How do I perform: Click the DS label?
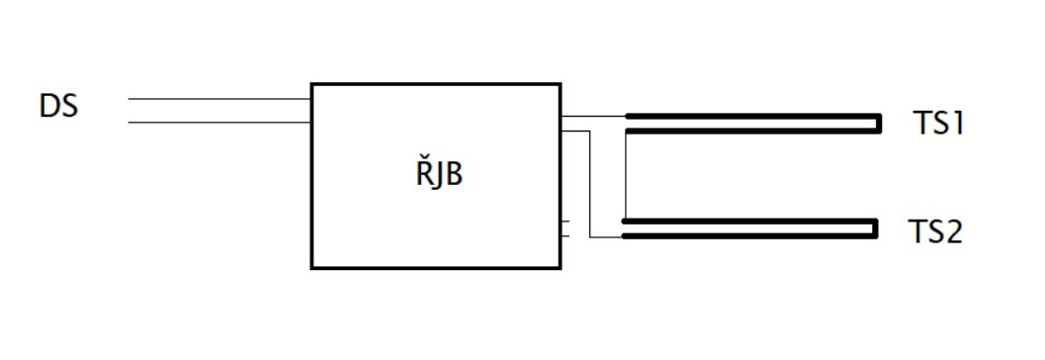[58, 107]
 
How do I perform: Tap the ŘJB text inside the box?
[439, 173]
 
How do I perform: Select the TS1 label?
[939, 124]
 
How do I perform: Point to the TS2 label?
[935, 232]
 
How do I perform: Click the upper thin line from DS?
[219, 99]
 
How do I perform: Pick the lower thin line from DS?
[219, 122]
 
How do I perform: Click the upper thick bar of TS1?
[753, 116]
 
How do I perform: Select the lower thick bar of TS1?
[753, 132]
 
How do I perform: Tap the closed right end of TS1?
[879, 124]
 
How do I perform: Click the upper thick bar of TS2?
[749, 221]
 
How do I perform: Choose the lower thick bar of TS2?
[749, 236]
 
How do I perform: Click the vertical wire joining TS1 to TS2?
[626, 176]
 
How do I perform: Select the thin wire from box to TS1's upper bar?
[593, 116]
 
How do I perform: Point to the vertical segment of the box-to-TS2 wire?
[590, 184]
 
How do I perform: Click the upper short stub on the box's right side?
[566, 221]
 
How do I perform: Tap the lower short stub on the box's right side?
[566, 236]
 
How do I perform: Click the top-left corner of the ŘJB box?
[311, 84]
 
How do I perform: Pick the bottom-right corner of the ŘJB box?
[561, 268]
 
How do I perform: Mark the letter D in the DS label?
[49, 107]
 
